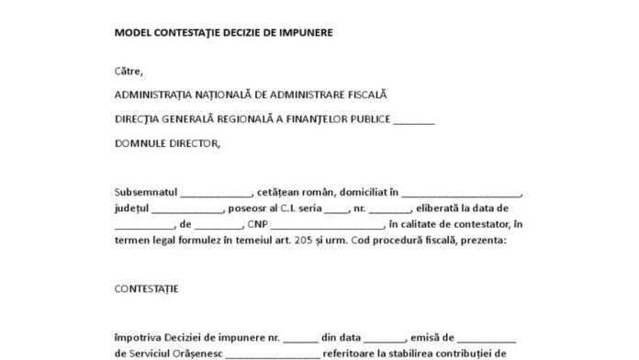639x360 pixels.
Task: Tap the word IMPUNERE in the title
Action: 304,32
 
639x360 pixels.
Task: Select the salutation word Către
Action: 129,70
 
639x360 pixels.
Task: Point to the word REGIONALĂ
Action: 238,118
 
